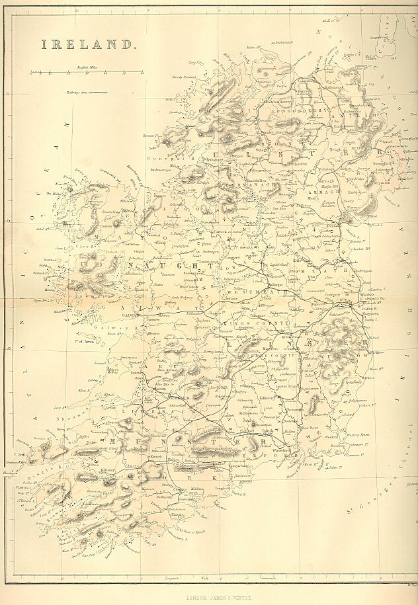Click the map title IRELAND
tap(88, 44)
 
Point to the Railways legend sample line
tap(100, 94)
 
